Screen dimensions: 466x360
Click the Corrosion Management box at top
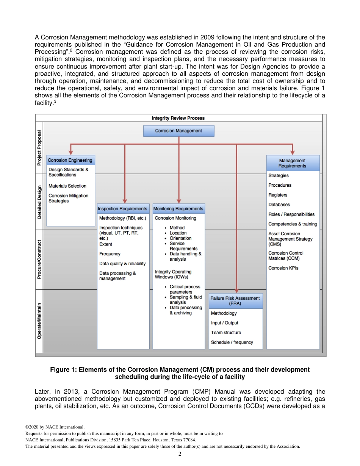coord(178,131)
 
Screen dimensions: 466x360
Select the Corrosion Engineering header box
coord(70,160)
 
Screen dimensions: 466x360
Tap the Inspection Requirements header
coord(122,209)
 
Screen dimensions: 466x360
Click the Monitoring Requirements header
coord(178,209)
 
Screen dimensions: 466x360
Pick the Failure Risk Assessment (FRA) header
coord(235,301)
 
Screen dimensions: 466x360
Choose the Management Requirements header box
coord(292,163)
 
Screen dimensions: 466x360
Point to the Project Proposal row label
coord(39,148)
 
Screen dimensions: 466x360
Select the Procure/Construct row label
coord(39,260)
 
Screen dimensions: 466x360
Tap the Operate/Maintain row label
coord(39,320)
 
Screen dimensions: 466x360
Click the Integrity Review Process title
coord(178,118)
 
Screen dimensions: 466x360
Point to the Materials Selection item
coord(67,186)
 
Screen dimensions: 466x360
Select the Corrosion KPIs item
coord(283,268)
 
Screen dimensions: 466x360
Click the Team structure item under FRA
coord(226,333)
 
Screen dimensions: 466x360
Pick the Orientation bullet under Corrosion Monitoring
coord(180,238)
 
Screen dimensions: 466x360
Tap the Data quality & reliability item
coord(122,264)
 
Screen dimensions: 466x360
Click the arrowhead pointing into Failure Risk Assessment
coord(236,291)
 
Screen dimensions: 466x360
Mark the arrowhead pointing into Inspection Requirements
coord(125,201)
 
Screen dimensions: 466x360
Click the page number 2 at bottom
coord(180,454)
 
